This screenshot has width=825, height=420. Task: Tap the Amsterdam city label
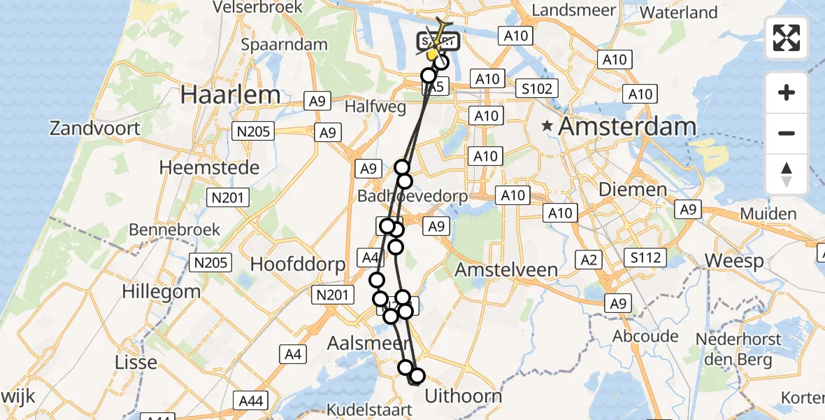628,127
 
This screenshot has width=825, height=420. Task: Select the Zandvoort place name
94,129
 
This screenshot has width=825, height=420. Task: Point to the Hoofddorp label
298,265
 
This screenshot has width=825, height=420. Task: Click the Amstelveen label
506,269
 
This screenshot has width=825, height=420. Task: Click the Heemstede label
209,168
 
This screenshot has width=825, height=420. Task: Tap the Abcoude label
645,337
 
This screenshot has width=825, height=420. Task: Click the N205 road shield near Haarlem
255,130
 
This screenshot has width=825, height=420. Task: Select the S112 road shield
645,258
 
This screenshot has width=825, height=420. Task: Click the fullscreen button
787,38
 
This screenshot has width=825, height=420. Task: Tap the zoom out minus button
787,133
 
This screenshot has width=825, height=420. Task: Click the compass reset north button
787,174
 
